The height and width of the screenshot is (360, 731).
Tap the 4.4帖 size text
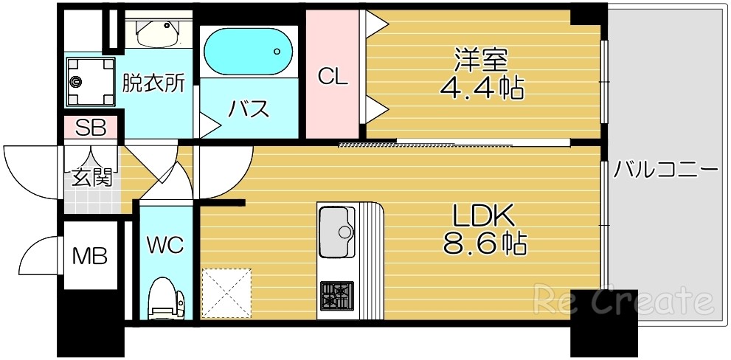coord(482,89)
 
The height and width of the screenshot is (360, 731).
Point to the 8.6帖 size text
coord(484,243)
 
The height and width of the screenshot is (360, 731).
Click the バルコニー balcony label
coord(666,170)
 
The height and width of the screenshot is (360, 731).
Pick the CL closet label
coord(332,76)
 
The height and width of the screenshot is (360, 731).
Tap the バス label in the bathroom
coord(249,110)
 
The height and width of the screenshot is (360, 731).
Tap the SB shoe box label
coord(91,128)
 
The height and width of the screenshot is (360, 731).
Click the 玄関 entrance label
coord(91,177)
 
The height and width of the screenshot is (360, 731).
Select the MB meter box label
coord(90,257)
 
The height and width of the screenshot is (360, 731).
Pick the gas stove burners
coord(336,294)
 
